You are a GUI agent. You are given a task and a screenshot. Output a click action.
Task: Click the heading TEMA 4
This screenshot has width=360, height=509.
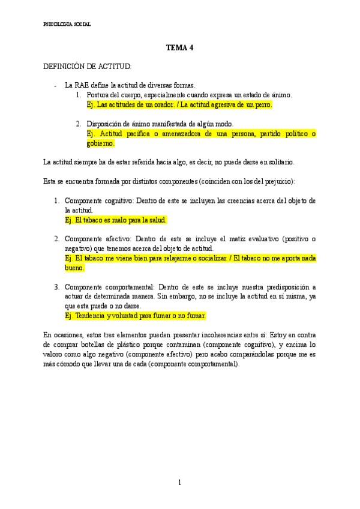pos(180,48)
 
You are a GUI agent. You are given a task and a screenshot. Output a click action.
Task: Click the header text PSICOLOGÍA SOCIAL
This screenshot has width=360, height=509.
pos(68,25)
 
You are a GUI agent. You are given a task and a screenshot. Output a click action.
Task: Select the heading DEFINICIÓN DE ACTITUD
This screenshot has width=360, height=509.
pos(87,66)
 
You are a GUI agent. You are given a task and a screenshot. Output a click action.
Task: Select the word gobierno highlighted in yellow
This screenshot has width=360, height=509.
pos(100,143)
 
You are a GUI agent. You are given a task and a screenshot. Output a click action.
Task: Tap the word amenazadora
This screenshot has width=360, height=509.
pos(178,134)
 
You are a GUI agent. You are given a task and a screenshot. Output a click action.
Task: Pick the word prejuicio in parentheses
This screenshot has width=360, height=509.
pos(277,182)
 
